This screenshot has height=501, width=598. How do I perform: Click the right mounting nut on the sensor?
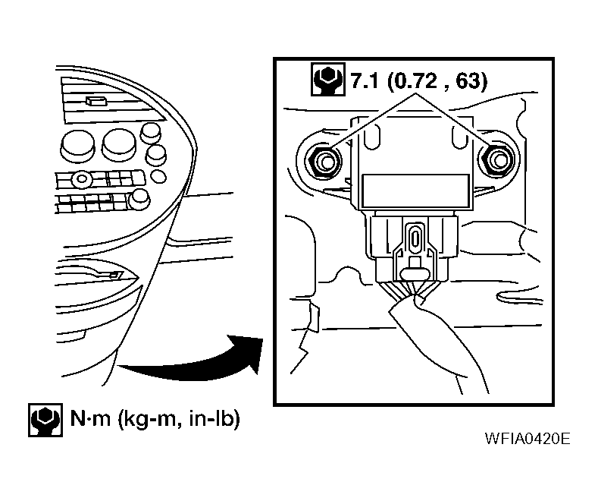pyautogui.click(x=497, y=159)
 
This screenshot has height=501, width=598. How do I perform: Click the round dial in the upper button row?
pyautogui.click(x=80, y=179)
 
